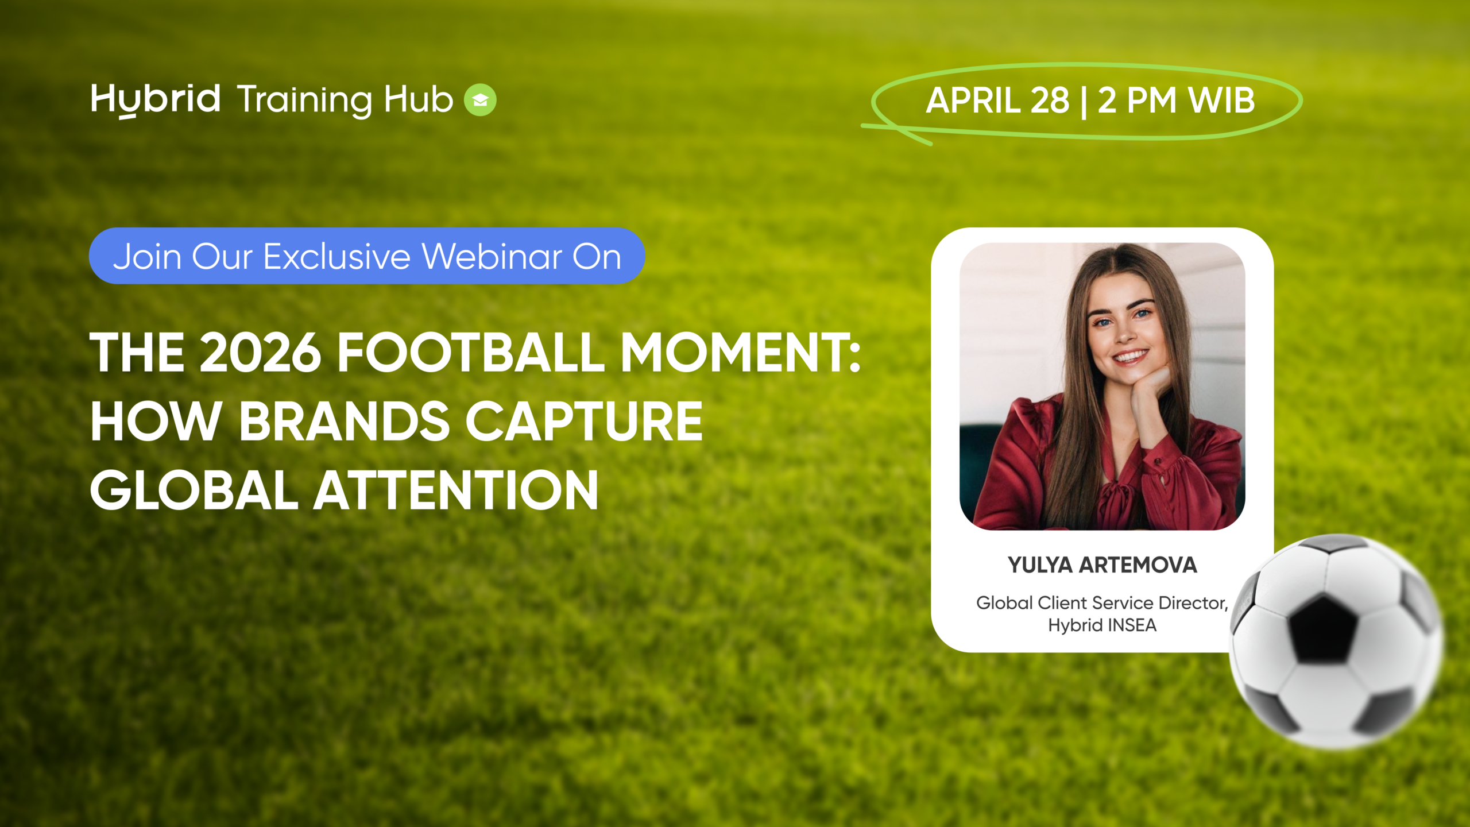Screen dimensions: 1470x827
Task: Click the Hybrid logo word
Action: coord(155,101)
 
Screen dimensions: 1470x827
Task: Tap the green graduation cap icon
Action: coord(480,100)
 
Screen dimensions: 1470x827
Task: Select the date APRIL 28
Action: coord(998,101)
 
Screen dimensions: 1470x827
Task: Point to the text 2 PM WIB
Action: coord(1176,101)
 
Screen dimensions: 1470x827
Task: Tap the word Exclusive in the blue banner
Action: coord(336,256)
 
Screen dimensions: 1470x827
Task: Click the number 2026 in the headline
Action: coord(260,352)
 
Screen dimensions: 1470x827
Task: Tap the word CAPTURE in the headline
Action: coord(584,422)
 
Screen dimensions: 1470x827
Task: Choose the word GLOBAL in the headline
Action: coord(194,490)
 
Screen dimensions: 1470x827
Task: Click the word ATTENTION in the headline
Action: coord(456,490)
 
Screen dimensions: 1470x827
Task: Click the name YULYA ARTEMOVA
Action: coord(1102,565)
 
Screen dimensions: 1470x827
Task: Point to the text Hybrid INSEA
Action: coord(1102,625)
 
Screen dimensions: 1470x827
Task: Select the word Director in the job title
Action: coord(1193,603)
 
